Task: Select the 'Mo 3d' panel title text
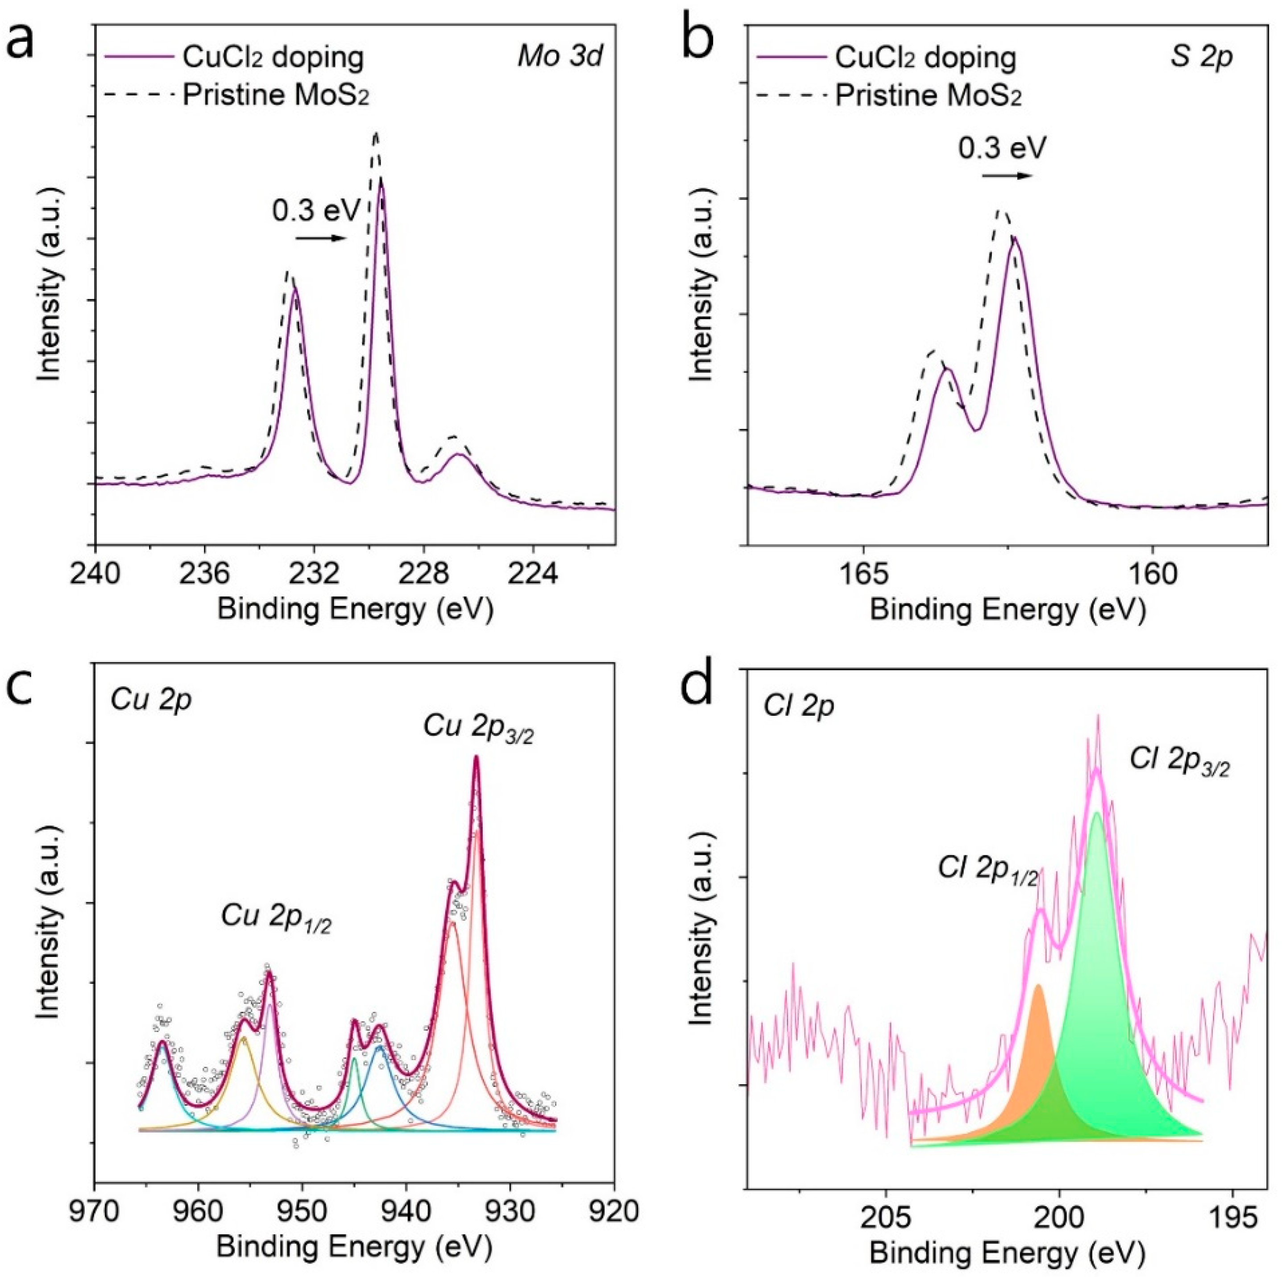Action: pyautogui.click(x=560, y=58)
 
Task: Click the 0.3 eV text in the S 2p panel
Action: pyautogui.click(x=1002, y=147)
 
